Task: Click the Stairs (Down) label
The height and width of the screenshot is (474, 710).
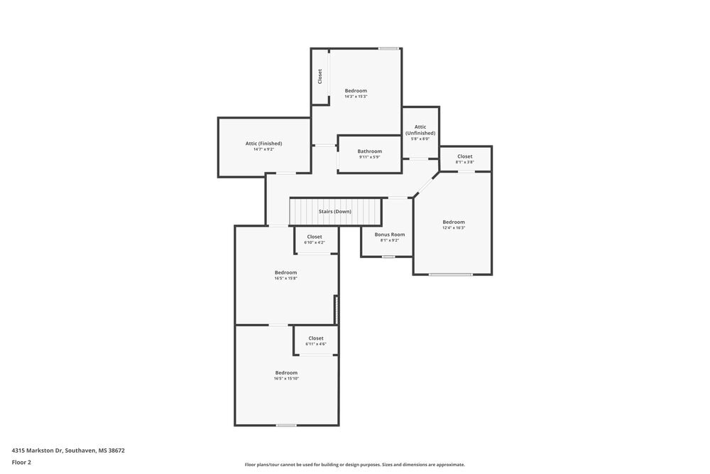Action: tap(334, 212)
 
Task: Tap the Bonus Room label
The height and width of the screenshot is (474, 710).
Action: tap(390, 235)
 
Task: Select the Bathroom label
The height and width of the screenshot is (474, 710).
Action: tap(369, 151)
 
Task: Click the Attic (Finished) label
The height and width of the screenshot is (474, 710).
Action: tap(263, 144)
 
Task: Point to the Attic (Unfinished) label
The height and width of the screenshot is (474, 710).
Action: tap(420, 130)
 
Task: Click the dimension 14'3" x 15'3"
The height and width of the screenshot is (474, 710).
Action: tap(356, 97)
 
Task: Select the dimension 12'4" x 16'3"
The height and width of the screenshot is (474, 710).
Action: tap(454, 228)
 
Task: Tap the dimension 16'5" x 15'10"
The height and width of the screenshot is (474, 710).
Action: tap(286, 379)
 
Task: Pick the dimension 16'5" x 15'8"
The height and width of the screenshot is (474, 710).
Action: tap(285, 279)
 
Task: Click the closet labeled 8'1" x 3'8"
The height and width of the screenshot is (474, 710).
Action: tap(464, 162)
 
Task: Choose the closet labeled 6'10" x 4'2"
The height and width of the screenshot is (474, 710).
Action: tap(315, 242)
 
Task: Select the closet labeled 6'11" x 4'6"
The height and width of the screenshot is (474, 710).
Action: tap(316, 344)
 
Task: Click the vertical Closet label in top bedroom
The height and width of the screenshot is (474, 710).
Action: tap(320, 76)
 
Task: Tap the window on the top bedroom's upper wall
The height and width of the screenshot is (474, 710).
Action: tap(388, 48)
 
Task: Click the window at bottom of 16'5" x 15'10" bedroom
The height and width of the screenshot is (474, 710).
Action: tap(286, 425)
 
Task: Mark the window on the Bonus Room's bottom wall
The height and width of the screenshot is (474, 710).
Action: tap(388, 257)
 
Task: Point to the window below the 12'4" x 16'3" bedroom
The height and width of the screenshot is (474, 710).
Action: tap(450, 274)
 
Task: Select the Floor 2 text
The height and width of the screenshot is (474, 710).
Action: tap(21, 462)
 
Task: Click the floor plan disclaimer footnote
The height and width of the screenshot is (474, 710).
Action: tap(355, 465)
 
